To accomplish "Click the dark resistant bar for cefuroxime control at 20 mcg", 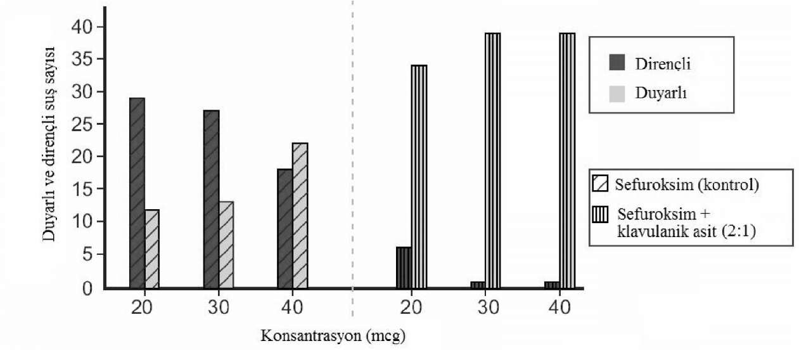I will pos(137,193).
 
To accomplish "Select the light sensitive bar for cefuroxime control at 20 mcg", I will pos(151,249).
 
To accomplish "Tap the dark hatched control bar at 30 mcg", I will pos(211,200).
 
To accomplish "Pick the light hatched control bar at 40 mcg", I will pos(300,215).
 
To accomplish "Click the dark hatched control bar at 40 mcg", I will pos(284,229).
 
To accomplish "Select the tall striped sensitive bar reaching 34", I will pos(419,177).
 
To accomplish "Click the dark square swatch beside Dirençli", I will pos(617,63).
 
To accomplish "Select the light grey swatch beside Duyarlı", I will pos(617,94).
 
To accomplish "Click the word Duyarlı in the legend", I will pos(661,94).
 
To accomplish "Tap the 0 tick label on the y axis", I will pos(89,288).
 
